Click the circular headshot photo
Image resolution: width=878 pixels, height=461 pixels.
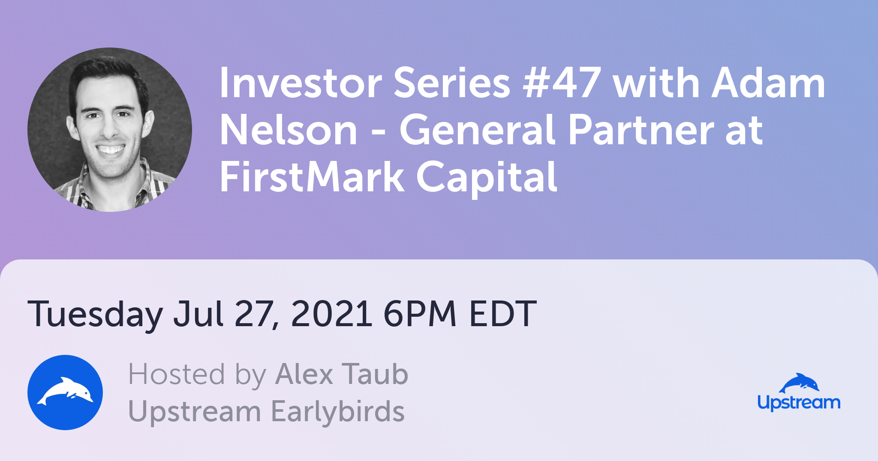[x=110, y=130]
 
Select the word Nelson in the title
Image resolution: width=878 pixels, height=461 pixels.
[x=289, y=130]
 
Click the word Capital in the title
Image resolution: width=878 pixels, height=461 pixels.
[x=487, y=178]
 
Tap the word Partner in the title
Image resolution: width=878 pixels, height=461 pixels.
[x=641, y=130]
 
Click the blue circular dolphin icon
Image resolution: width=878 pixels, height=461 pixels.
[x=65, y=393]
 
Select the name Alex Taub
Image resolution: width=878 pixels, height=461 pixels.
[x=342, y=375]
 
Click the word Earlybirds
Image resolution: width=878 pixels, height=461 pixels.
[x=338, y=412]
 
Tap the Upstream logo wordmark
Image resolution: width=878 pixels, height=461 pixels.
[x=799, y=403]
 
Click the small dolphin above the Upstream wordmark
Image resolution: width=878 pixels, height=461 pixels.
[x=799, y=383]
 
